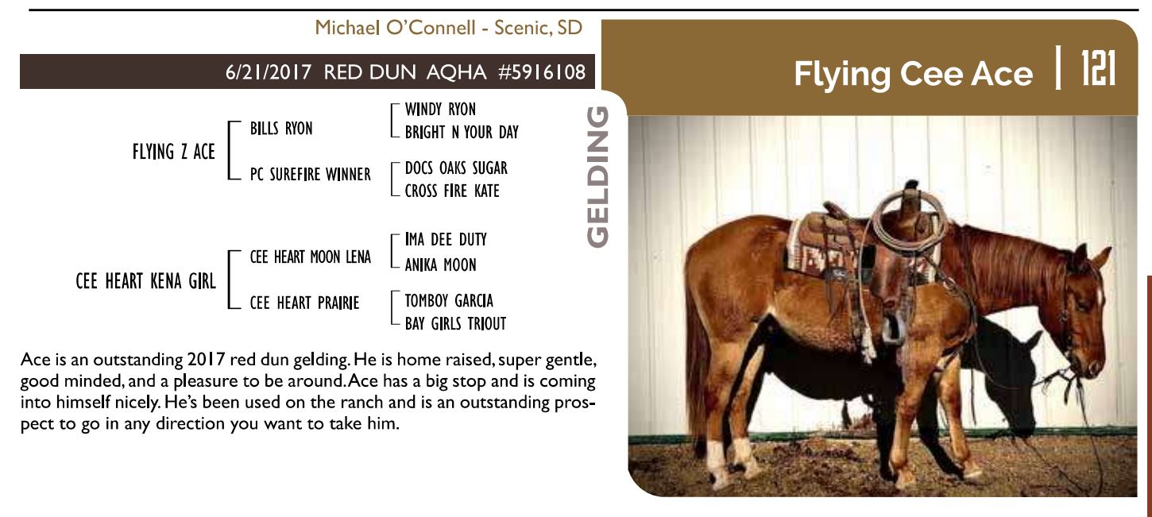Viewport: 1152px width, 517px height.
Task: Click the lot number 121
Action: pos(1098,68)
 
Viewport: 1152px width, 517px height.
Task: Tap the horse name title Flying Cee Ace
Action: pos(913,74)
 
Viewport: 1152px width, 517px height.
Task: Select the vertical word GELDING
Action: pos(598,176)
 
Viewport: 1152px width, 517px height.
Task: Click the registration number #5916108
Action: pos(542,72)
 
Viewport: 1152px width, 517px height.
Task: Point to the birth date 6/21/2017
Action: pos(269,72)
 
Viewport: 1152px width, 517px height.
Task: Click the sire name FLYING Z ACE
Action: pos(174,152)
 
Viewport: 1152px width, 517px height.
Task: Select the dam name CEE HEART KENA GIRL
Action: pos(145,281)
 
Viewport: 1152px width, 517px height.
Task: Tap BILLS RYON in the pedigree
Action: pos(281,129)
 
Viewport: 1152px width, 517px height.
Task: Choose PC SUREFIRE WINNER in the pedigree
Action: pos(310,175)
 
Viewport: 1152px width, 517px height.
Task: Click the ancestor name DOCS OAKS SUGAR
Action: pos(456,168)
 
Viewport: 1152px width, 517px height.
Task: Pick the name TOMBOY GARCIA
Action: pos(449,301)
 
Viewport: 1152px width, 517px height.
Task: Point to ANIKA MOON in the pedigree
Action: pos(440,264)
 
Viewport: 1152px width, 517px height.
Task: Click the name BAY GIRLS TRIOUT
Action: pos(456,324)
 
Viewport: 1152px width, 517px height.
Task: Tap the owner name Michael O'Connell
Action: pos(395,28)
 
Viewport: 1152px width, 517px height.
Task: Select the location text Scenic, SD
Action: pos(539,28)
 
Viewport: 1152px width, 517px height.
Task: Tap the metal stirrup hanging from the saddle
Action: pos(894,329)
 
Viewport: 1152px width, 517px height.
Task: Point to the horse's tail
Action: pos(698,360)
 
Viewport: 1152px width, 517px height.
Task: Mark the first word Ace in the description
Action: pos(35,359)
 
